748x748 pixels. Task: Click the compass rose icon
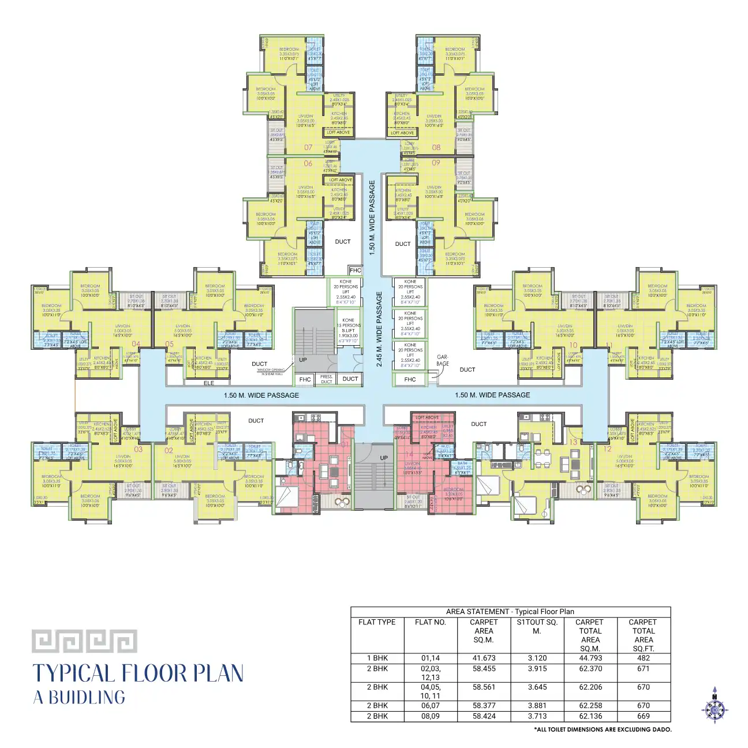[x=715, y=705]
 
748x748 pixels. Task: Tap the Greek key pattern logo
[x=84, y=641]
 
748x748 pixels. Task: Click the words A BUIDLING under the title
[x=79, y=697]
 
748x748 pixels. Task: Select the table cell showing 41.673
[x=483, y=658]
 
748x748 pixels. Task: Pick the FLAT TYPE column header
[x=377, y=622]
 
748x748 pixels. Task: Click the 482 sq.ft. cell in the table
[x=643, y=658]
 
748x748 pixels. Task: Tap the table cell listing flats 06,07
[x=430, y=705]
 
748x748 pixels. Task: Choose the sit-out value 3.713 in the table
[x=536, y=716]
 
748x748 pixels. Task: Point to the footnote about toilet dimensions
[x=603, y=730]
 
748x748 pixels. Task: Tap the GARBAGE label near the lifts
[x=443, y=360]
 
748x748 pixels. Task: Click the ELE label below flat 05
[x=209, y=383]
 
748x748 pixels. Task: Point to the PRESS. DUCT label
[x=326, y=379]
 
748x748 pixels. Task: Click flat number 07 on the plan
[x=308, y=148]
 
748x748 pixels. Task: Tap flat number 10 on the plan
[x=573, y=345]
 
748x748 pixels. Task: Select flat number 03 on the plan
[x=139, y=449]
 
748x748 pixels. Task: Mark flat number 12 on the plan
[x=607, y=449]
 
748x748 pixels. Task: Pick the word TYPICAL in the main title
[x=73, y=674]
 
